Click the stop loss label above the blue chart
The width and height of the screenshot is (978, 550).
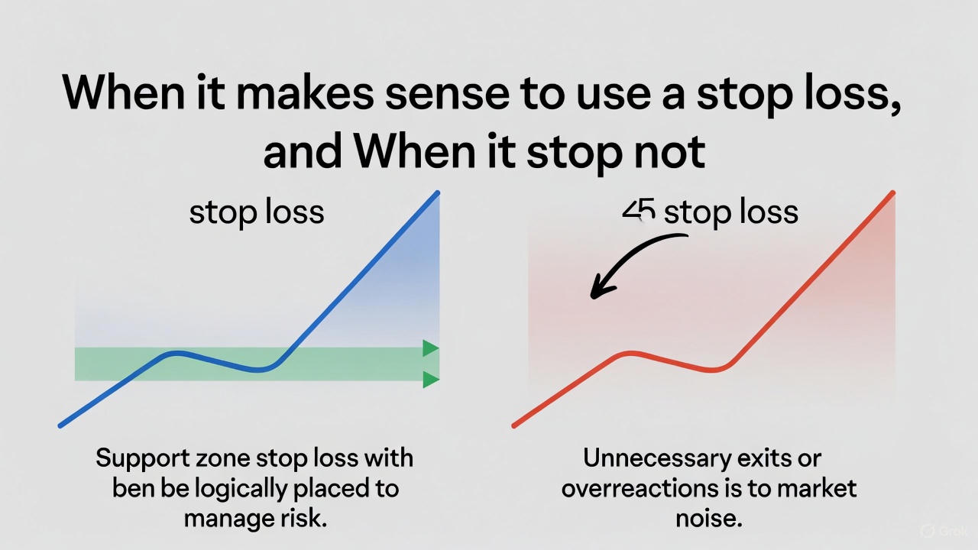pyautogui.click(x=257, y=212)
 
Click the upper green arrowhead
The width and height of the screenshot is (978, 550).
pyautogui.click(x=430, y=349)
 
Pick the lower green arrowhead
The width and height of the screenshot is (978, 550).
pyautogui.click(x=430, y=379)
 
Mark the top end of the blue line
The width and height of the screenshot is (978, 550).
pyautogui.click(x=437, y=193)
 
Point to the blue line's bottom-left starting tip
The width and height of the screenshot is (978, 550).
pyautogui.click(x=61, y=425)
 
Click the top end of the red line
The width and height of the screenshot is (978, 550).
pyautogui.click(x=892, y=193)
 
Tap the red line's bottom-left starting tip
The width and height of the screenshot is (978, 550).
pyautogui.click(x=515, y=425)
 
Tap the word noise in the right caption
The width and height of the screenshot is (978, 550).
pyautogui.click(x=708, y=518)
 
